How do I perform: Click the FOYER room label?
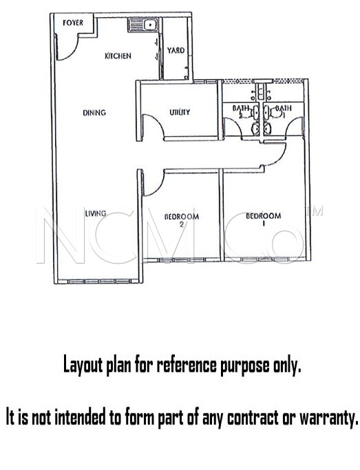[x=73, y=23]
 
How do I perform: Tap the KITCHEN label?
[x=118, y=56]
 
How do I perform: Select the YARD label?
[x=176, y=50]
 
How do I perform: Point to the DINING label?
[x=94, y=113]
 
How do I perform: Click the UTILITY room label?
[x=180, y=112]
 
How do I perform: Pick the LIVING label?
[x=96, y=213]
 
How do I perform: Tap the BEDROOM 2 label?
[x=182, y=220]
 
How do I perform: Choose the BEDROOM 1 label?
[x=264, y=219]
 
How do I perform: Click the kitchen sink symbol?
[x=143, y=25]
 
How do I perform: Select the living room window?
[x=99, y=281]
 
